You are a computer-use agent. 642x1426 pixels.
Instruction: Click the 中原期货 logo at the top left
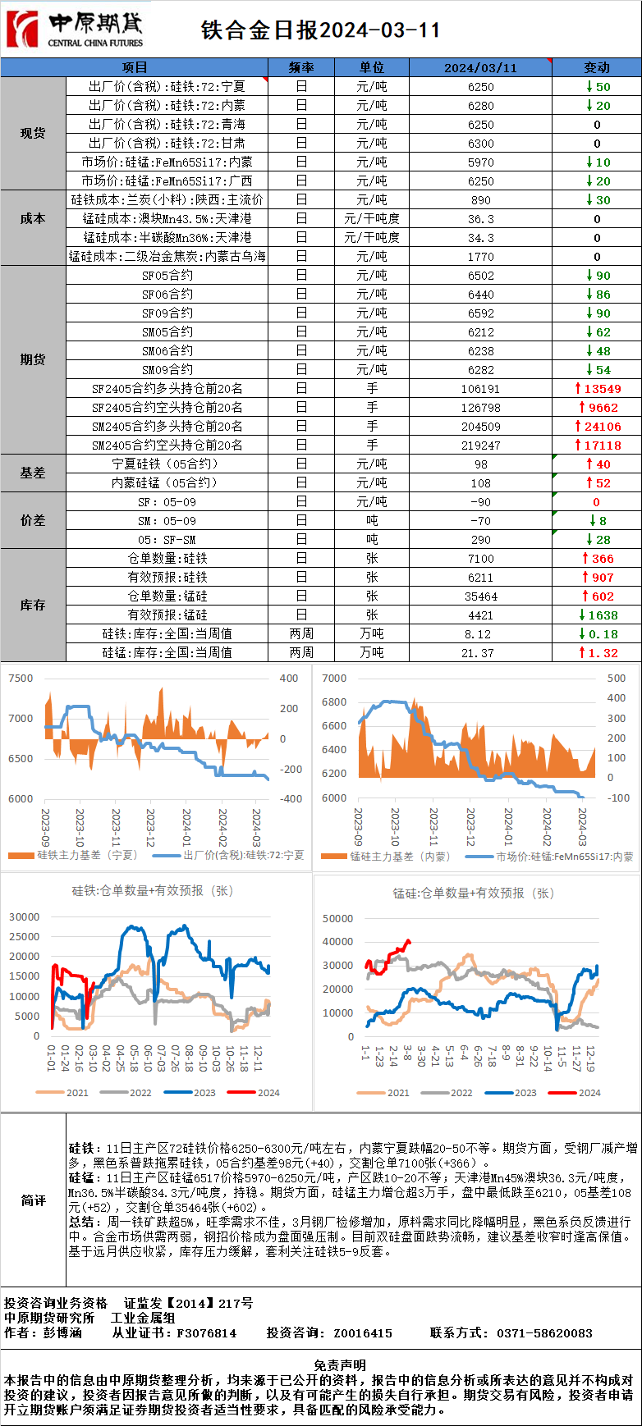74,30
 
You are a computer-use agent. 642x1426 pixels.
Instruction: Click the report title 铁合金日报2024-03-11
321,30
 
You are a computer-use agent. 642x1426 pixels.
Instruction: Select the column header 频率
301,67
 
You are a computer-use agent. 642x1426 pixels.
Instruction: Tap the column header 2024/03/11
480,67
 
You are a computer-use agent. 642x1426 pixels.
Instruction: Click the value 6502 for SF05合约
481,276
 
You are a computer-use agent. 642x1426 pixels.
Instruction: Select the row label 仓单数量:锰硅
167,596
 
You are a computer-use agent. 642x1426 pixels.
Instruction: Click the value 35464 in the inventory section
481,596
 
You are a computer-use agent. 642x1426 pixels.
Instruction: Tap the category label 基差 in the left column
33,473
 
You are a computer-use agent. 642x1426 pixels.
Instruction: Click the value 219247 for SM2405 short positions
481,446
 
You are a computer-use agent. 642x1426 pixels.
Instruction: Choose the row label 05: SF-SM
167,540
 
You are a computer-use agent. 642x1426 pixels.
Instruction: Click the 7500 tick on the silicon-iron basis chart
21,679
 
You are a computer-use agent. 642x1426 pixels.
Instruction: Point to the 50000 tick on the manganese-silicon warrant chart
338,919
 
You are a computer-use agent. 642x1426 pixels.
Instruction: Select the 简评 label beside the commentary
33,1200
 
